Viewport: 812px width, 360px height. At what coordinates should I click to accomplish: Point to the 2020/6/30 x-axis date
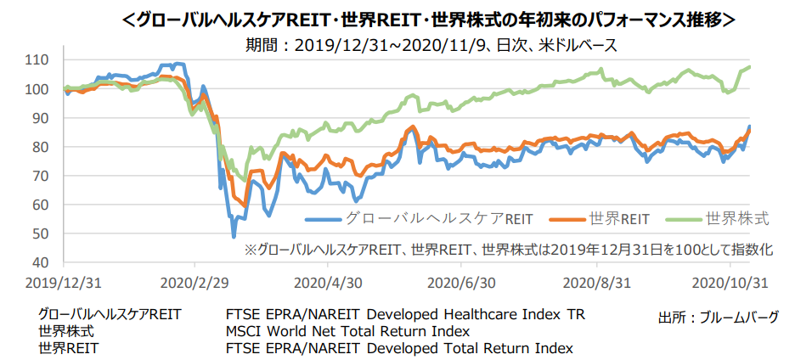coord(463,281)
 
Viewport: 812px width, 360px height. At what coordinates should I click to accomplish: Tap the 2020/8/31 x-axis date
coord(598,281)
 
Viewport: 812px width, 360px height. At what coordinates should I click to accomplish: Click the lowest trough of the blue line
coord(234,236)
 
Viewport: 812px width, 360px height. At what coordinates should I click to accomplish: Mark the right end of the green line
coord(748,67)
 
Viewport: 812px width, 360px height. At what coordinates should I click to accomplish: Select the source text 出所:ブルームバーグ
coord(719,317)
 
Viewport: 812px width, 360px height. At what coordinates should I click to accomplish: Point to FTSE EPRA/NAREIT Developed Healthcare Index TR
coord(406,315)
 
